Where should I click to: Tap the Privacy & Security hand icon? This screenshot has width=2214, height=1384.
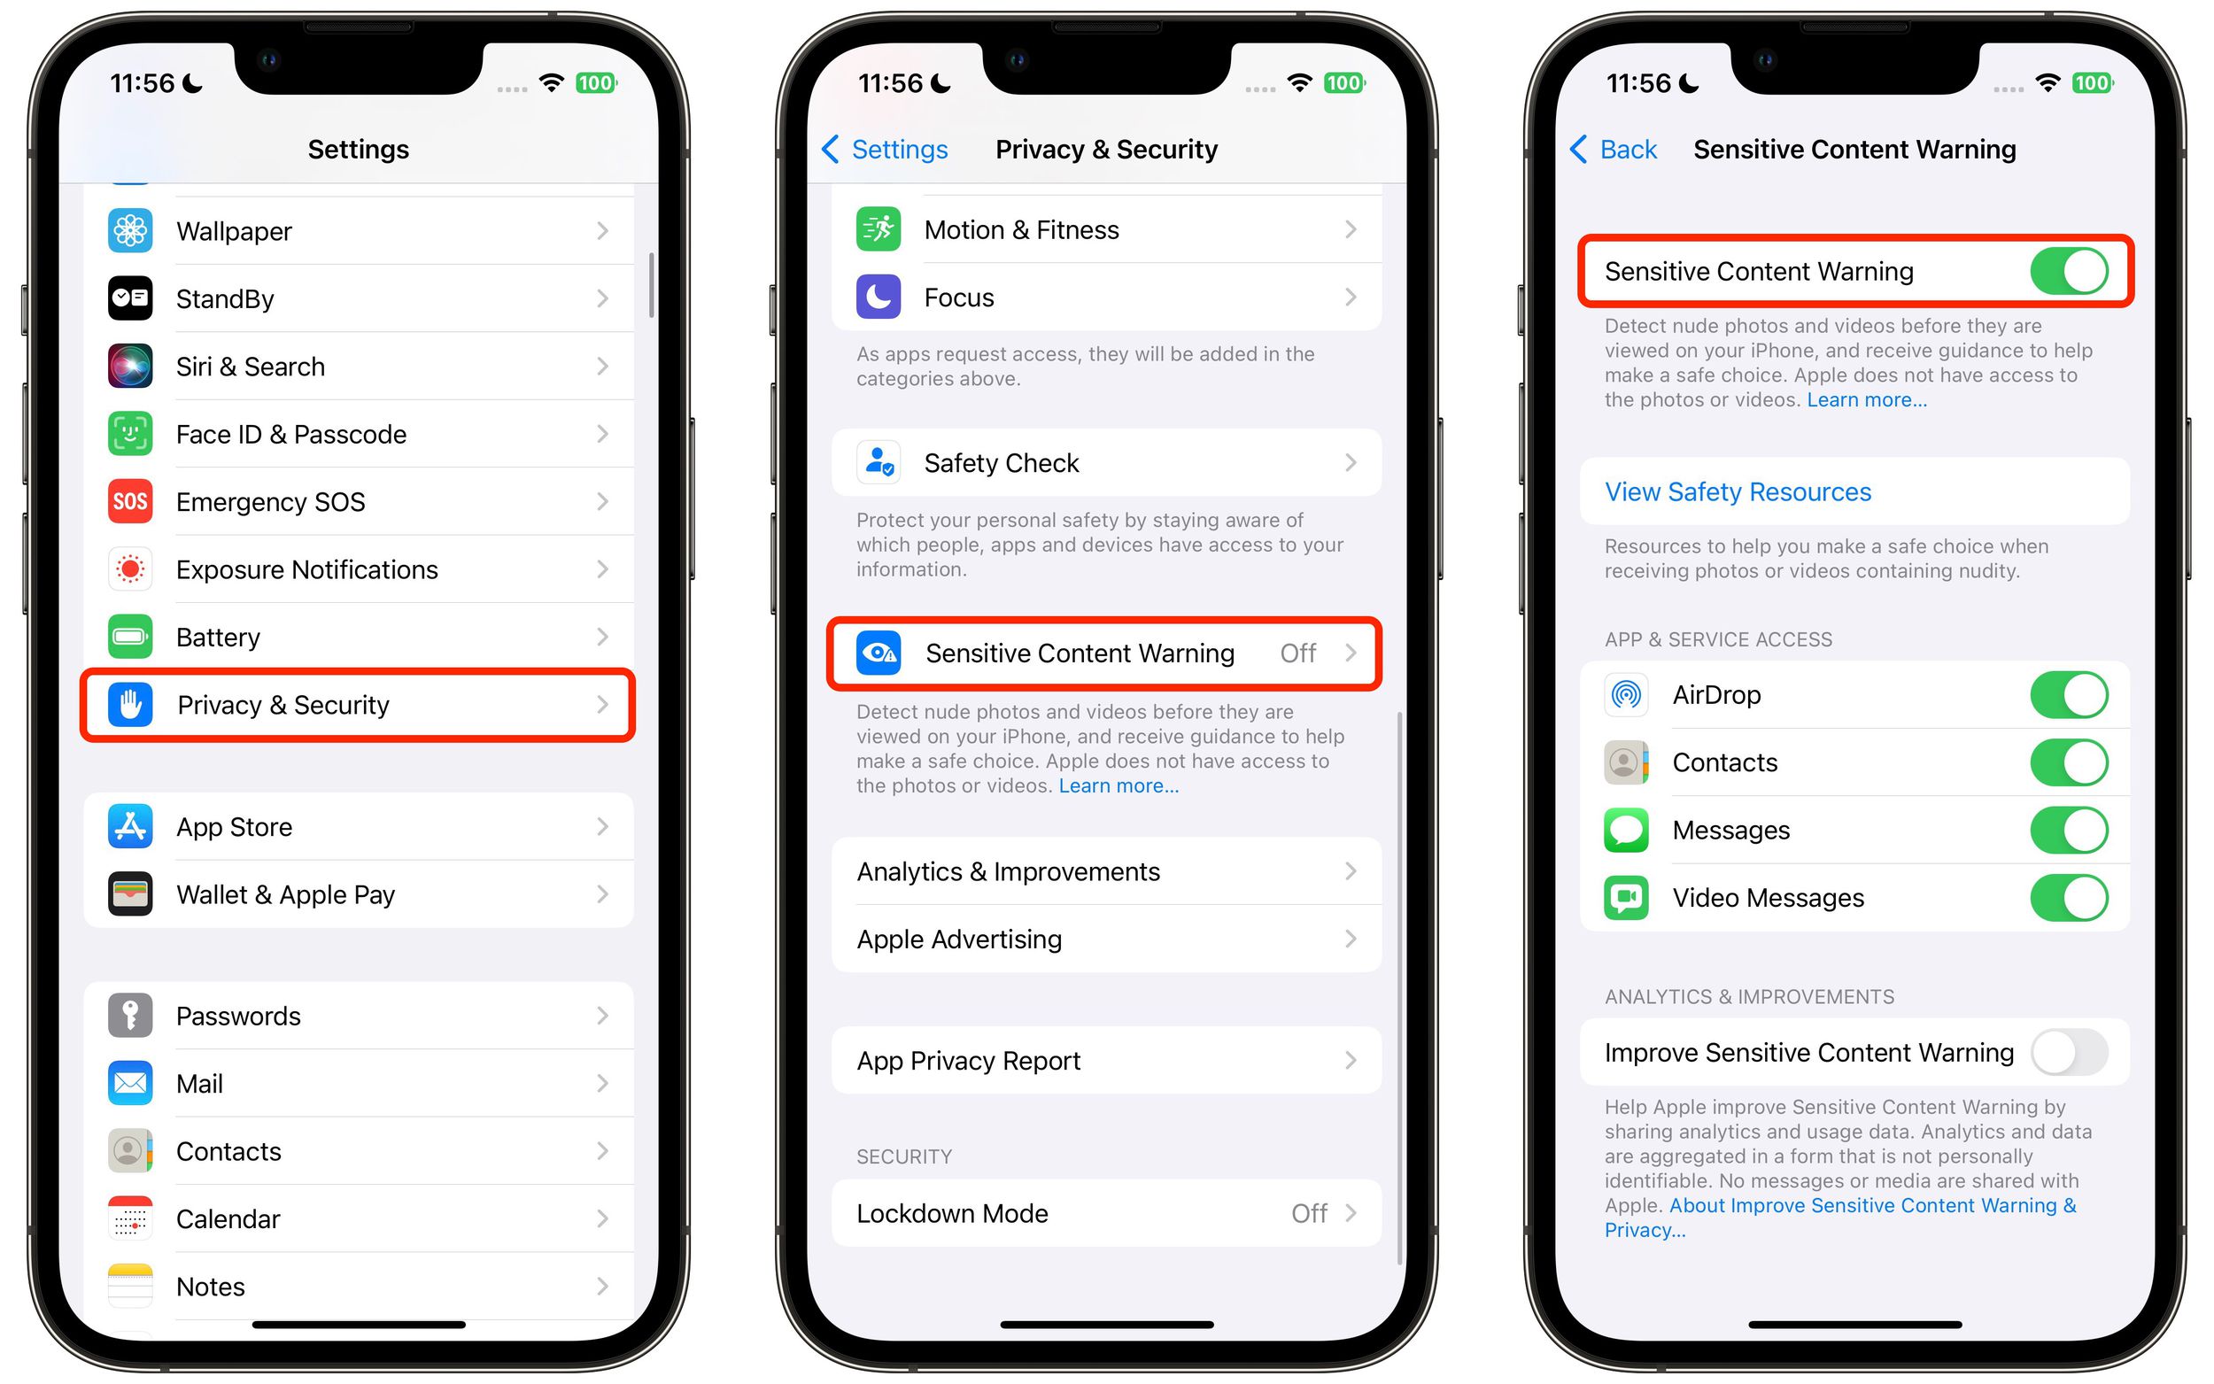(x=130, y=705)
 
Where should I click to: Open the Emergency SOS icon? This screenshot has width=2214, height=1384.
(x=130, y=501)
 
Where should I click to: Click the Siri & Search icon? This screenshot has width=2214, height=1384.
(x=130, y=366)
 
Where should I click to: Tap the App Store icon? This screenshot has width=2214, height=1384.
(x=130, y=826)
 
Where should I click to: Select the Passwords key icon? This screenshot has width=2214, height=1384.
(x=130, y=1015)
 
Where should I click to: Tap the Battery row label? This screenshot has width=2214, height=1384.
(x=218, y=637)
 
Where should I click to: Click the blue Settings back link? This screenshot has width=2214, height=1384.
(x=885, y=149)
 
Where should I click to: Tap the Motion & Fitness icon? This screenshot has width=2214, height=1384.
(x=878, y=228)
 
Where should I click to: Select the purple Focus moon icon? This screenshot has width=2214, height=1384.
(x=878, y=297)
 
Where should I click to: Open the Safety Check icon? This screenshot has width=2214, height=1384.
(x=878, y=462)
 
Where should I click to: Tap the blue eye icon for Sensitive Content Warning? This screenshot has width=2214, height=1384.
(x=878, y=653)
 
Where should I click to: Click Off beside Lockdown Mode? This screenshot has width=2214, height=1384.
(x=1309, y=1213)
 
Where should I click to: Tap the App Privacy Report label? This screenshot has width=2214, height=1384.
(x=968, y=1060)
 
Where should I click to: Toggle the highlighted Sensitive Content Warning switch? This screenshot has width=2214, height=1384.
(x=2069, y=271)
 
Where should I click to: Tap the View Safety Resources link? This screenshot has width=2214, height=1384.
(x=1738, y=491)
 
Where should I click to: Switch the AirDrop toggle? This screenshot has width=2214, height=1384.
(x=2069, y=695)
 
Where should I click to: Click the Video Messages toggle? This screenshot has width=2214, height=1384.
(x=2069, y=897)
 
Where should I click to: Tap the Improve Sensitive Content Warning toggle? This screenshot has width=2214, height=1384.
(x=2069, y=1052)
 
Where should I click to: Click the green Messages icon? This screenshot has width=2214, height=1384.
(x=1625, y=830)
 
